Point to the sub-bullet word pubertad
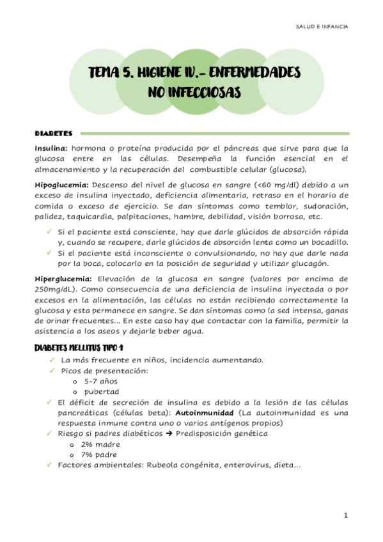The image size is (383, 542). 101,391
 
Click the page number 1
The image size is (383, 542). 345,515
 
